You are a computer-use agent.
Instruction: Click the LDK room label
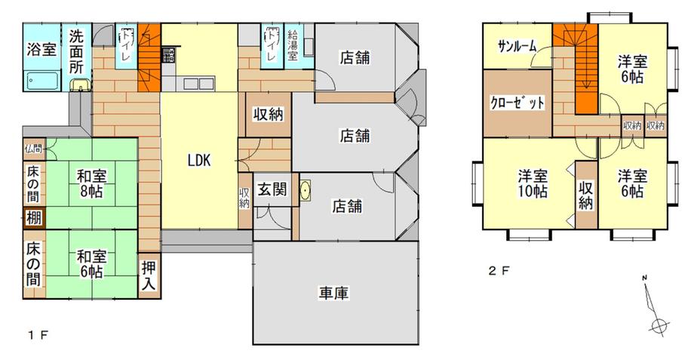(x=199, y=160)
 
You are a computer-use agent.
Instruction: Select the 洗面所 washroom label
(x=77, y=51)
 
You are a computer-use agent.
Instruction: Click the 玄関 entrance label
(x=271, y=190)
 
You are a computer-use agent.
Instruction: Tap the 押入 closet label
(x=149, y=277)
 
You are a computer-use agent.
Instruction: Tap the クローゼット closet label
(x=517, y=103)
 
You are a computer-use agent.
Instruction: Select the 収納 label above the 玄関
(x=267, y=115)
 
